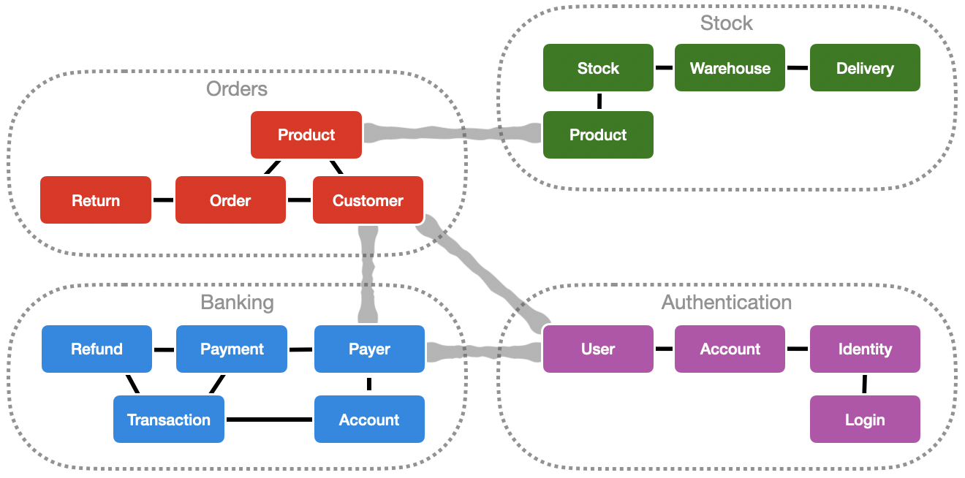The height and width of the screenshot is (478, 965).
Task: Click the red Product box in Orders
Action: click(x=306, y=134)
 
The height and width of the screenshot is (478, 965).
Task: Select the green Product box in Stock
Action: click(x=598, y=134)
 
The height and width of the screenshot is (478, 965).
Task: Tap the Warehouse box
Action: click(x=730, y=68)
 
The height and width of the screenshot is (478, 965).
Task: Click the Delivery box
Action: click(x=865, y=68)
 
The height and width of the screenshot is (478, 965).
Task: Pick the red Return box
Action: click(x=96, y=200)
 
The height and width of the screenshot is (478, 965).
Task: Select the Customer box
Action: click(x=368, y=200)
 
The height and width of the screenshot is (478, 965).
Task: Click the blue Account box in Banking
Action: click(x=369, y=420)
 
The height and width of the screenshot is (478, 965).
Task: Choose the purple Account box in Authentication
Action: click(x=730, y=349)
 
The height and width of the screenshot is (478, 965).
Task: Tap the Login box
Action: click(x=865, y=420)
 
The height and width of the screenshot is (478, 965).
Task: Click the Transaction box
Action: click(x=169, y=420)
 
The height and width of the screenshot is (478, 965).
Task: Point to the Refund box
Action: click(x=96, y=349)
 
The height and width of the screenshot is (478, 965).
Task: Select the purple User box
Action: click(x=598, y=349)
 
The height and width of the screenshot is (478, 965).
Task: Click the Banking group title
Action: click(x=237, y=302)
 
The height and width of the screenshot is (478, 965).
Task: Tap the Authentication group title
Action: click(x=726, y=302)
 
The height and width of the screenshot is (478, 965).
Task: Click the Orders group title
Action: click(x=237, y=89)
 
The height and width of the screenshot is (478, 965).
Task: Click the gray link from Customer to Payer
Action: click(x=368, y=274)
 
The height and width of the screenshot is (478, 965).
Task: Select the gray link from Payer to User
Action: click(x=483, y=351)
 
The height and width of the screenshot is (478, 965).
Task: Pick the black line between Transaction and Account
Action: click(x=269, y=420)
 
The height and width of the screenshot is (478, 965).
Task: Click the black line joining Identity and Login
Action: click(x=864, y=384)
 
